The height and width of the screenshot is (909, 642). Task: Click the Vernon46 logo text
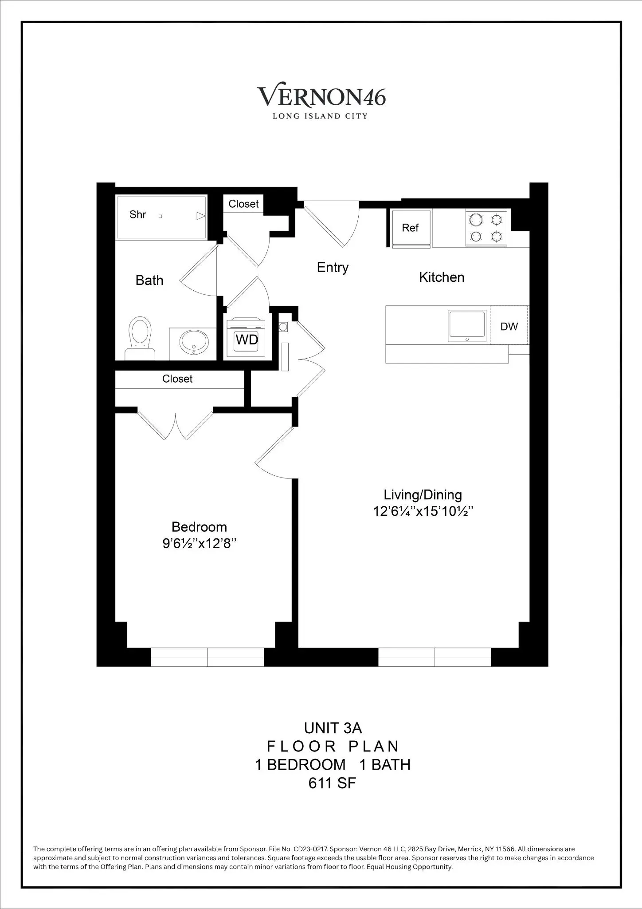321,96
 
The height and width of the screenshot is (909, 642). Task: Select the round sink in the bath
194,342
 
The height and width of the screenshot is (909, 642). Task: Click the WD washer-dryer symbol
247,339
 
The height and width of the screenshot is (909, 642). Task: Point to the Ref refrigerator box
411,228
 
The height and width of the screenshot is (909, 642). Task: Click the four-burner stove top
486,228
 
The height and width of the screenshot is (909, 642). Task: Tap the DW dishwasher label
509,327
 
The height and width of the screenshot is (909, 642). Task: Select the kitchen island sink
467,326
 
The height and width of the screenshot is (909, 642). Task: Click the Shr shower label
138,215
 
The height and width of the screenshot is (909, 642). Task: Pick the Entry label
333,267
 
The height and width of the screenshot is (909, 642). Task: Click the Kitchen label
442,277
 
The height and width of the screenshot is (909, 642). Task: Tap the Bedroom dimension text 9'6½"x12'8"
199,544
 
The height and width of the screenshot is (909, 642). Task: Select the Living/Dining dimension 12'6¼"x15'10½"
423,511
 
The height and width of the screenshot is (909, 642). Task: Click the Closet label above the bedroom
177,379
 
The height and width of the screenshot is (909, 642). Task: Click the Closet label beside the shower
243,204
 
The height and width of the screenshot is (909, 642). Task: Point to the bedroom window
207,657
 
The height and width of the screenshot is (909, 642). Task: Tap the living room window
435,657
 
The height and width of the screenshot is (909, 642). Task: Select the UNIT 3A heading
333,728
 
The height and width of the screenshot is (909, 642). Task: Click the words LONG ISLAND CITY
320,116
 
